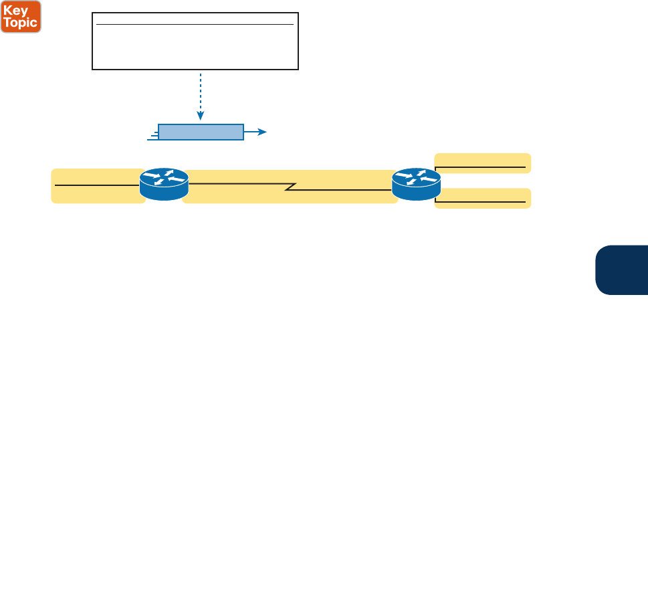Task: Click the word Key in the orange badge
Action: click(21, 9)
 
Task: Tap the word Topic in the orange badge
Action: click(21, 23)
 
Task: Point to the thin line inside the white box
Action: click(195, 25)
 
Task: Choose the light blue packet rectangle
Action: click(201, 132)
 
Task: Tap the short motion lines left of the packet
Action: click(152, 136)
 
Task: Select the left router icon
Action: click(164, 183)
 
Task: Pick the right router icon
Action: click(416, 183)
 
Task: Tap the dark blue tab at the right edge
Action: click(623, 270)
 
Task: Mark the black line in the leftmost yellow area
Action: click(97, 184)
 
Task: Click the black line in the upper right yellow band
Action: click(480, 167)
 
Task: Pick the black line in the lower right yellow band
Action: click(480, 201)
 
